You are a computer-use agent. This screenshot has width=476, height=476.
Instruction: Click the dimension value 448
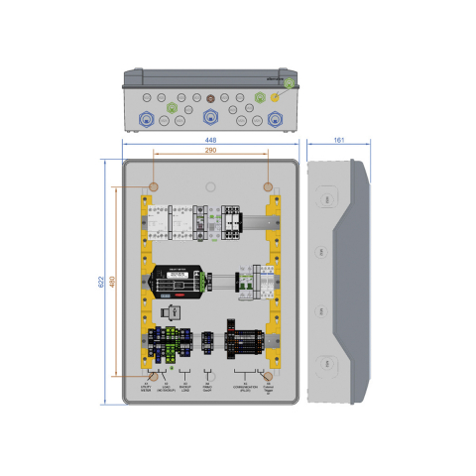coord(210,141)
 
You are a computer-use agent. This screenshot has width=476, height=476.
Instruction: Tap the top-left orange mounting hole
coord(154,187)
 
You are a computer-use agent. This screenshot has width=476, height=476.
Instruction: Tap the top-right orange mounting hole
coord(268,187)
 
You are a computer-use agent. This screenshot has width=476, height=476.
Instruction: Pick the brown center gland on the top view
coord(210,98)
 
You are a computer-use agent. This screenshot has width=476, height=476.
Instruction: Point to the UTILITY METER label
coord(146,388)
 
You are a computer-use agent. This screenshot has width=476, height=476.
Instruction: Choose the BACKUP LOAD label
coord(185,388)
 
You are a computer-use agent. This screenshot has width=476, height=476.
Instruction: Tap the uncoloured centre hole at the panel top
coord(210,187)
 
